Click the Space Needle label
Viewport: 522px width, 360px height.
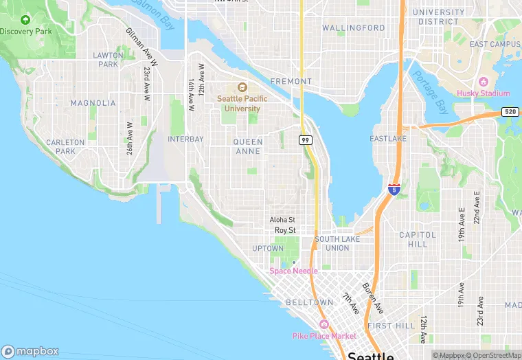click(x=294, y=271)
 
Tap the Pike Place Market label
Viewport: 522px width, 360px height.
click(x=324, y=336)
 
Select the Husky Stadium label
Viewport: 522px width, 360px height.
click(x=484, y=93)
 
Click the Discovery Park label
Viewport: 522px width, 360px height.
click(x=25, y=32)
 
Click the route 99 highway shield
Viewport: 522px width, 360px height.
click(x=306, y=140)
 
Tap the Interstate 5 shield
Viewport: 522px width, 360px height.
click(x=394, y=189)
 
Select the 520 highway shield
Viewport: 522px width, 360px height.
click(x=510, y=111)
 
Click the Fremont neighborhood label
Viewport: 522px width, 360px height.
click(x=291, y=81)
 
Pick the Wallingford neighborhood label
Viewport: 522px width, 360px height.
click(x=354, y=28)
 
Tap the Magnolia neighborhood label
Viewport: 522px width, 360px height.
click(x=93, y=103)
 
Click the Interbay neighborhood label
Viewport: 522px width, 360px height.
click(x=185, y=139)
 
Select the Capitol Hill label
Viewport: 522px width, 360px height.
click(x=413, y=239)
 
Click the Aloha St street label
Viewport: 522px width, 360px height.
click(x=282, y=220)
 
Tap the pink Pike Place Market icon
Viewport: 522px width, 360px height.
click(x=324, y=324)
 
